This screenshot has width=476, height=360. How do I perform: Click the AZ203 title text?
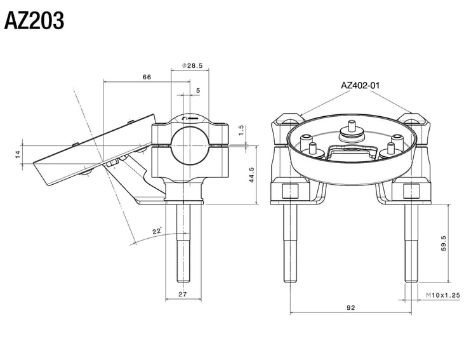pyautogui.click(x=34, y=21)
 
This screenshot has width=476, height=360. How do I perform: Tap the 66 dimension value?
pyautogui.click(x=146, y=77)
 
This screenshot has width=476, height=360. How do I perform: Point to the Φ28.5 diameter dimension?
pyautogui.click(x=192, y=65)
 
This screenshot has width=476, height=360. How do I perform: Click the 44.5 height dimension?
pyautogui.click(x=251, y=175)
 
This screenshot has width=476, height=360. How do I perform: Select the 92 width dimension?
pyautogui.click(x=351, y=307)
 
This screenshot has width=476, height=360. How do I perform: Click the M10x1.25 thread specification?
pyautogui.click(x=442, y=295)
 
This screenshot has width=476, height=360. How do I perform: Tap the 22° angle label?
pyautogui.click(x=157, y=232)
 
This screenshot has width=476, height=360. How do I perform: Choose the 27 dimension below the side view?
pyautogui.click(x=182, y=294)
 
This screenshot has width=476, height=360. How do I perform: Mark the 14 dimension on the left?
pyautogui.click(x=18, y=153)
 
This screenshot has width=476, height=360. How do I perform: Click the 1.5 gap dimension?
pyautogui.click(x=241, y=131)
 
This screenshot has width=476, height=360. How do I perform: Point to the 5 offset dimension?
pyautogui.click(x=197, y=91)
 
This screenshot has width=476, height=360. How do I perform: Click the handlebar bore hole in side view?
pyautogui.click(x=190, y=143)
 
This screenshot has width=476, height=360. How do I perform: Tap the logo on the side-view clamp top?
pyautogui.click(x=190, y=119)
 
